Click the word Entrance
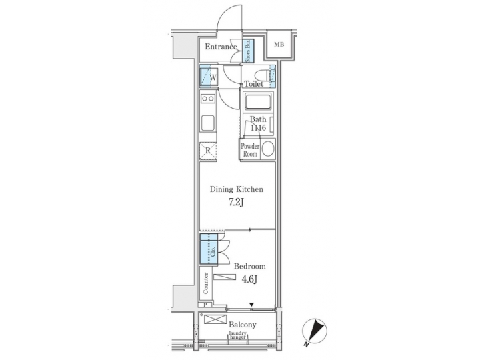221,47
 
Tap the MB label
279,45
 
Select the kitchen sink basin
207,123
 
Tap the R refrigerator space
208,151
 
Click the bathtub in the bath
257,103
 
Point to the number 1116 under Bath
258,129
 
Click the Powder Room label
249,149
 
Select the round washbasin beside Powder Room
268,149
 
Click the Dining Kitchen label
237,189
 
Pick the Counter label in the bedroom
206,283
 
